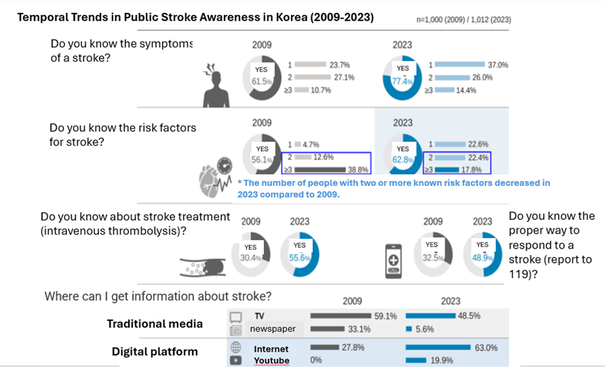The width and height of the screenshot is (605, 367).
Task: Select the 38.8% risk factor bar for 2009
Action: (x=323, y=169)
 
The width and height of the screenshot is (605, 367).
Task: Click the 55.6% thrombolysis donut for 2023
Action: (x=300, y=258)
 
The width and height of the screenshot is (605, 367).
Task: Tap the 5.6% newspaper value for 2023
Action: (x=425, y=329)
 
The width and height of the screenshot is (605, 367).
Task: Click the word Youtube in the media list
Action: (x=272, y=360)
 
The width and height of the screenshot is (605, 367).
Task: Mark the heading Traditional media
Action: (x=155, y=323)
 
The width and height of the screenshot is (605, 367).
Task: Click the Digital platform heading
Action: (x=155, y=351)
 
